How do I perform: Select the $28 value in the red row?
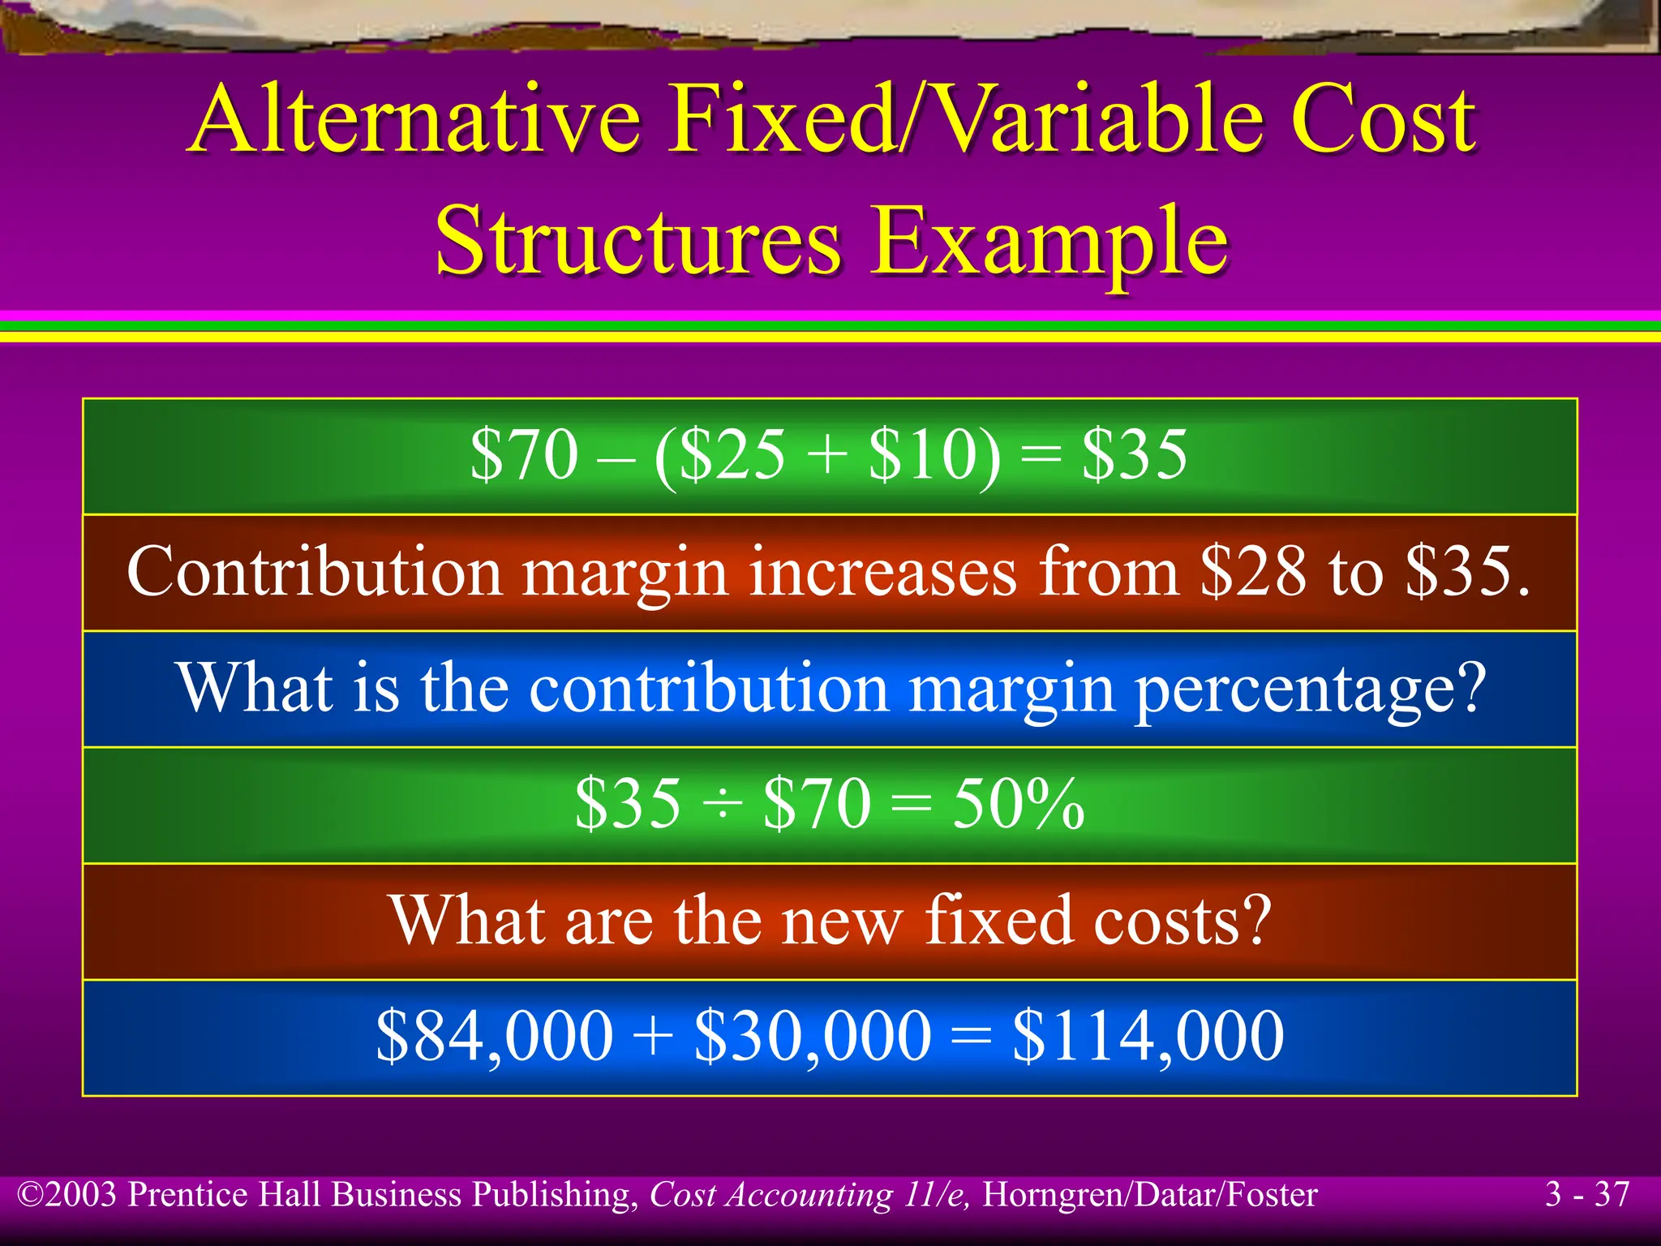pos(1253,572)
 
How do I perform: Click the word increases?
pos(882,572)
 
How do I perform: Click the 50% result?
pos(1018,804)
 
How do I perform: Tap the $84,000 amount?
pos(495,1036)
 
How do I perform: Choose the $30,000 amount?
pos(813,1036)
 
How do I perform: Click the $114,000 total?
pos(1148,1036)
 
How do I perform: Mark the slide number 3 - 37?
pos(1587,1195)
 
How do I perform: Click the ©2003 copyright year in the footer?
pos(68,1195)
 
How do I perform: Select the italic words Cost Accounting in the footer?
pos(770,1195)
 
